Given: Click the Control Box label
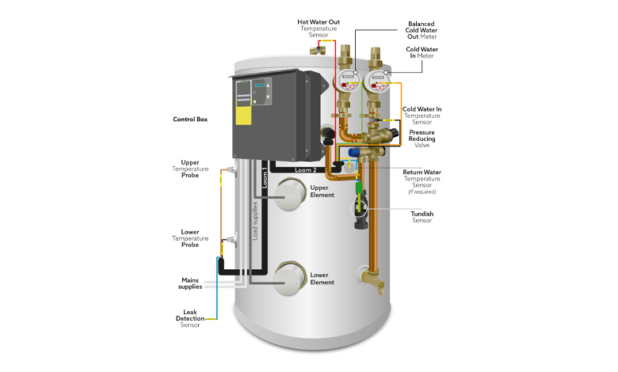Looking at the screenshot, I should click(x=191, y=120).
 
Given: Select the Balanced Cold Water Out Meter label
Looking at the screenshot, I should click(x=422, y=30).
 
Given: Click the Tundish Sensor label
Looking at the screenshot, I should click(x=422, y=217).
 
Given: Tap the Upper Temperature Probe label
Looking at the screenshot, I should click(x=189, y=169).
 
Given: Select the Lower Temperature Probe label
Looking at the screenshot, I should click(x=189, y=238).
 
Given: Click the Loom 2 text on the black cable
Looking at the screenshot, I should click(x=304, y=169).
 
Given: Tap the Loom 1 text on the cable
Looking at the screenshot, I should click(x=264, y=178).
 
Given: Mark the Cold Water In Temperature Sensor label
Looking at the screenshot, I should click(x=422, y=115).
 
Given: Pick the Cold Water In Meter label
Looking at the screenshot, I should click(x=422, y=52).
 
